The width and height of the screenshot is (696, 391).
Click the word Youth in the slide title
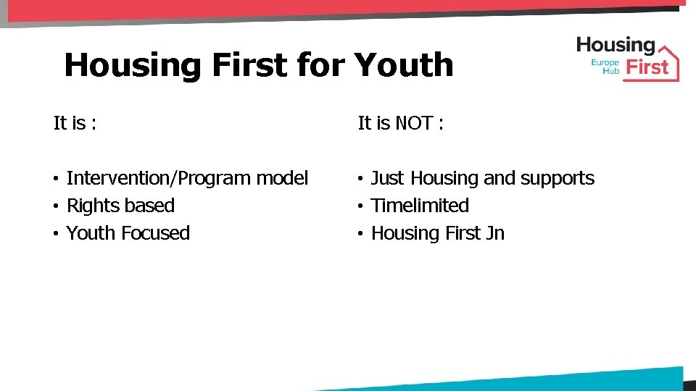pyautogui.click(x=404, y=65)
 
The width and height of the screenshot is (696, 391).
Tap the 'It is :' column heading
pyautogui.click(x=75, y=123)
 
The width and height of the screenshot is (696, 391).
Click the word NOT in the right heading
pyautogui.click(x=415, y=123)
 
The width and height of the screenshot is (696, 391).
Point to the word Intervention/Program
pyautogui.click(x=158, y=178)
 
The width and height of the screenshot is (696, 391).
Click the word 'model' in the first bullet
pyautogui.click(x=282, y=178)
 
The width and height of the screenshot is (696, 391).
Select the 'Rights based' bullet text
pyautogui.click(x=120, y=206)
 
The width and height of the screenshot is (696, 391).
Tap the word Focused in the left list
pyautogui.click(x=155, y=233)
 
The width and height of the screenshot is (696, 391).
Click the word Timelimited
pyautogui.click(x=420, y=206)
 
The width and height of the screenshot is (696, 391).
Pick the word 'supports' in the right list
pyautogui.click(x=558, y=178)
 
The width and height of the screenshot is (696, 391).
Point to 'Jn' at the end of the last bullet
pyautogui.click(x=495, y=233)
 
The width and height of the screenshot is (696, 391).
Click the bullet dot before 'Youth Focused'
pyautogui.click(x=55, y=234)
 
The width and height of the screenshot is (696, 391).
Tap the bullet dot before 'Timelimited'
pyautogui.click(x=360, y=206)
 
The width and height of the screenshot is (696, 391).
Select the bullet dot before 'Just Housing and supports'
pyautogui.click(x=360, y=179)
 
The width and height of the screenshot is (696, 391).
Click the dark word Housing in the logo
pyautogui.click(x=616, y=46)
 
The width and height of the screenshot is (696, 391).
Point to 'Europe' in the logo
pyautogui.click(x=605, y=63)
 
